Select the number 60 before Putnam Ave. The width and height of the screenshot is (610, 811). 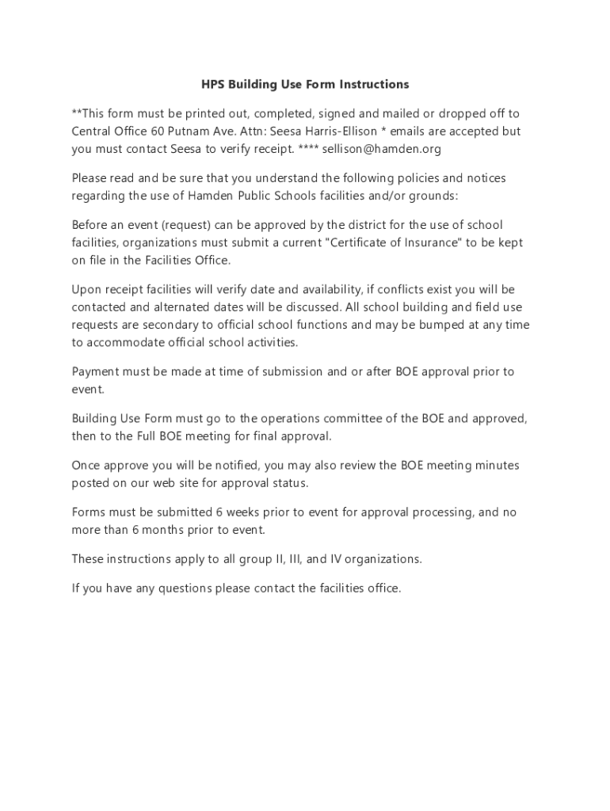(x=158, y=131)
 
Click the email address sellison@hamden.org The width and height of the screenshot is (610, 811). (x=381, y=149)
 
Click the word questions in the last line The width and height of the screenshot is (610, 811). (x=166, y=588)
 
